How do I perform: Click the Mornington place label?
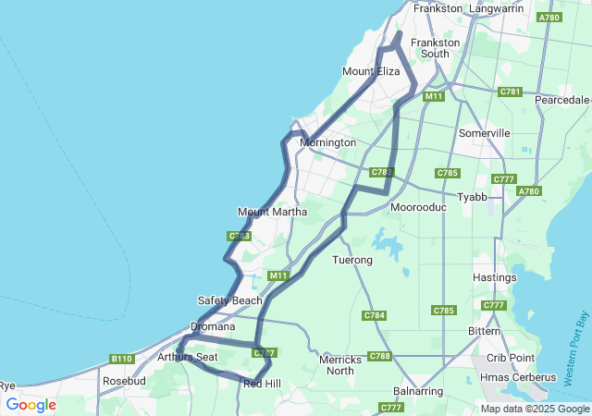[x=327, y=143]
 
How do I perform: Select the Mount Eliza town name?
[x=370, y=71]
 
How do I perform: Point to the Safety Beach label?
[x=230, y=300]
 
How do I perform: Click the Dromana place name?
[x=214, y=326]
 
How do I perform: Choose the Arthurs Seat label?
[x=188, y=357]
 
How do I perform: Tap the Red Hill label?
[x=261, y=383]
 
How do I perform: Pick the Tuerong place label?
[x=352, y=261]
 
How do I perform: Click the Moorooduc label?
[x=419, y=207]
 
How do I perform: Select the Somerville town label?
[x=484, y=133]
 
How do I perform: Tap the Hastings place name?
[x=494, y=277]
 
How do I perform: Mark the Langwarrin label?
[x=497, y=8]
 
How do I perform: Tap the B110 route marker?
[x=122, y=359]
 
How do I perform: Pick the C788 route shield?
[x=379, y=356]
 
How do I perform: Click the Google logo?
[x=31, y=405]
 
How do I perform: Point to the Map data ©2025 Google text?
[x=535, y=409]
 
